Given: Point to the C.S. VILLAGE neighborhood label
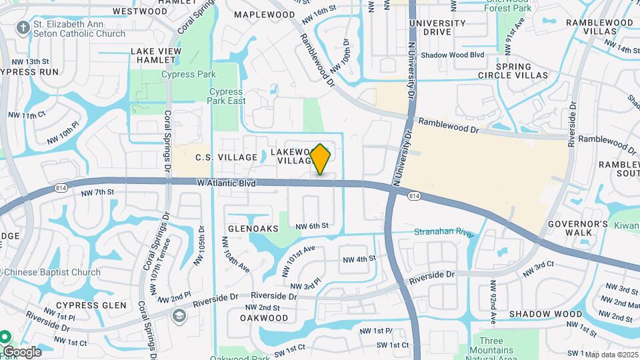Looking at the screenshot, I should [x=226, y=157].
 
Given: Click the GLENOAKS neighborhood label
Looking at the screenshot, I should [x=253, y=228].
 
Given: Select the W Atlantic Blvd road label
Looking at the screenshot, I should [x=227, y=182].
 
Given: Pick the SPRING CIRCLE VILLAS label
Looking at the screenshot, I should [x=513, y=71].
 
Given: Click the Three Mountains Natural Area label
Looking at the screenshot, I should [x=491, y=350].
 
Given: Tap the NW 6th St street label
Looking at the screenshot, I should [x=312, y=226].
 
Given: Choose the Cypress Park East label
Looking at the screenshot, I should [x=227, y=96].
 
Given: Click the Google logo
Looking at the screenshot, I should [x=22, y=351].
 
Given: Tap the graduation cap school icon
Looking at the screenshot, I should [x=179, y=315].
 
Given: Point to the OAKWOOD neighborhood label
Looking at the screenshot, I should [x=264, y=318].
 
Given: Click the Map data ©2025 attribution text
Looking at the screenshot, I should [x=611, y=354].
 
